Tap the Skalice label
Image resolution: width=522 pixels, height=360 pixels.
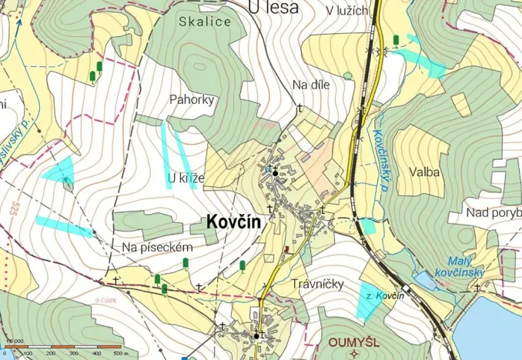coord(205,22)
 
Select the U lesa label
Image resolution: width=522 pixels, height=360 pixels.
coord(275,7)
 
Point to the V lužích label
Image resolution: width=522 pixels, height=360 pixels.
coord(348,11)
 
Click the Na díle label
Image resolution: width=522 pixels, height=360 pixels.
coord(311,85)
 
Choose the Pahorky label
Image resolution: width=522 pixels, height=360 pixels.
coord(192,99)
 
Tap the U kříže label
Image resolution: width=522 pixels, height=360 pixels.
coord(186,179)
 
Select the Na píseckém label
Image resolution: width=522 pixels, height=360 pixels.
coord(157,246)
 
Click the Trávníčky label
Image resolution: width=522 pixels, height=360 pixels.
coord(317,283)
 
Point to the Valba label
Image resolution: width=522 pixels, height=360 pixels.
coord(425,172)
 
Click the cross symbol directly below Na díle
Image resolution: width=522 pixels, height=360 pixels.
coord(299,107)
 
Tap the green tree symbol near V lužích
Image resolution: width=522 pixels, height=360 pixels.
coord(396,40)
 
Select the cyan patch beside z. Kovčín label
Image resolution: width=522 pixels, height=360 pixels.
coord(370,302)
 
